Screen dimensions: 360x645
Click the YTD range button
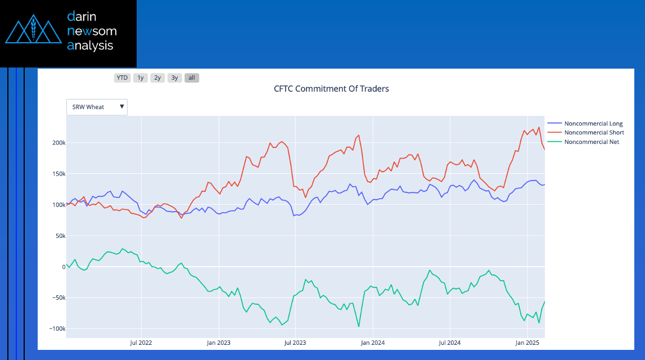tap(122, 78)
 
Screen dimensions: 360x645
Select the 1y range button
tap(140, 78)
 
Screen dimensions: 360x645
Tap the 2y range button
tap(157, 78)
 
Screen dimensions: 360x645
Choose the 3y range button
tap(175, 78)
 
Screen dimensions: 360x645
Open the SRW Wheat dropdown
tap(97, 107)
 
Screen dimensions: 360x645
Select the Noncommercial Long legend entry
tap(593, 124)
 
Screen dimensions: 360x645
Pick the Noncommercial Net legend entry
tap(591, 142)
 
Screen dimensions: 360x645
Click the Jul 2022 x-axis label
tap(141, 342)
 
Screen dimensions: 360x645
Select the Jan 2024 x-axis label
tap(372, 342)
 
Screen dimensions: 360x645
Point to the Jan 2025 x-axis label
tap(527, 342)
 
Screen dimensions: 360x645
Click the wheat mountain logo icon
tap(33, 31)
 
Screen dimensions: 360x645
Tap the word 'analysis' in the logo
tap(90, 46)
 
